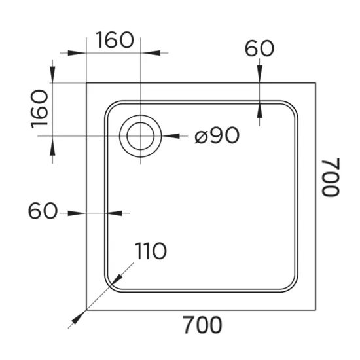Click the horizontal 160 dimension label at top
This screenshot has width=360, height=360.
tap(115, 40)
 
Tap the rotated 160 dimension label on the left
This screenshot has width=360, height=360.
tap(39, 109)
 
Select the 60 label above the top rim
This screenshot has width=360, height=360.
tap(259, 48)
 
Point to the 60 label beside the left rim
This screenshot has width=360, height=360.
tap(43, 211)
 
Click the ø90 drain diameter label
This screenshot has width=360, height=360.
tap(217, 135)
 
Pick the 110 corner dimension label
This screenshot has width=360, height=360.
tap(151, 251)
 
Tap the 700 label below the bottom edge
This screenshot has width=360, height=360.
tap(203, 325)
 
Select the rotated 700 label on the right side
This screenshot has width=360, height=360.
tap(331, 177)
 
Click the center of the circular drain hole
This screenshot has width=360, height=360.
tap(141, 136)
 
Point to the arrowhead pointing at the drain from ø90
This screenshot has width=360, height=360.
tap(171, 136)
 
